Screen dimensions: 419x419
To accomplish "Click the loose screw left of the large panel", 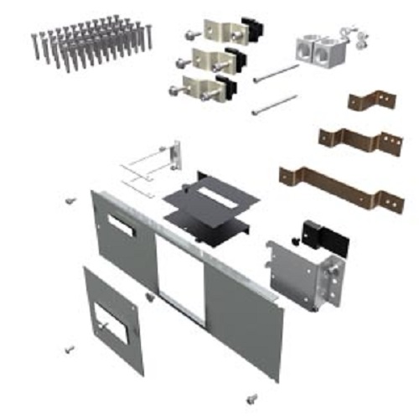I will [x=70, y=201].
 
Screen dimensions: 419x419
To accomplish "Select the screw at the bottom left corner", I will [x=70, y=346].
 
